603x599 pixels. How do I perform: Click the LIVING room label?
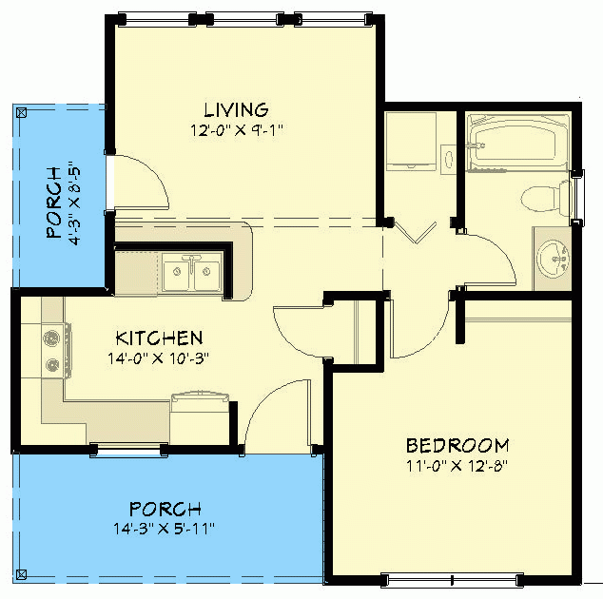tap(236, 110)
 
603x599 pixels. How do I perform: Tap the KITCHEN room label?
tap(159, 338)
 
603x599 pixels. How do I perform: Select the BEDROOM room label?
tap(457, 445)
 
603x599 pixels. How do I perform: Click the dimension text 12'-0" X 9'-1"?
tap(236, 128)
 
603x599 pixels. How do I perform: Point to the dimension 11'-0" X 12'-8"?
tap(457, 466)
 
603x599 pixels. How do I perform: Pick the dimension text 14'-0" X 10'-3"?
tap(158, 358)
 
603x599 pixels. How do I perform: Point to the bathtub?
tap(516, 145)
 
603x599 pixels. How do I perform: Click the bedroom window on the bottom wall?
tap(450, 578)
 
